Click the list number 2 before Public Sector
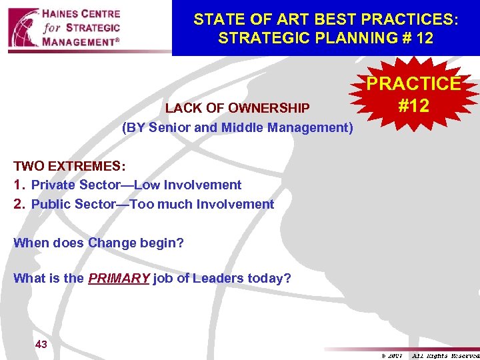click(19, 204)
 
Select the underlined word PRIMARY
click(119, 278)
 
